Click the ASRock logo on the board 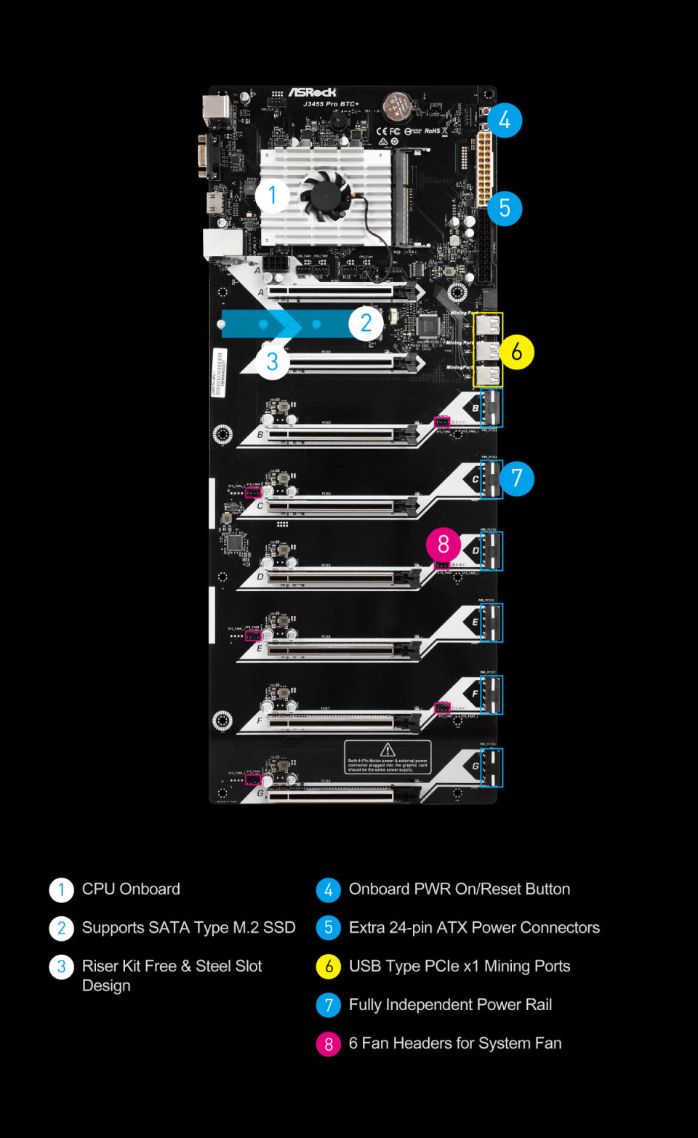pos(313,92)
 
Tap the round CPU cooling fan pos(326,193)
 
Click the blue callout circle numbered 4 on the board pos(505,120)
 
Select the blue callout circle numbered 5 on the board pos(505,208)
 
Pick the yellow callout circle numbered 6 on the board pos(517,352)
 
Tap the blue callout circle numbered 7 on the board pos(517,478)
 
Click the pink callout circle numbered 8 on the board pos(444,545)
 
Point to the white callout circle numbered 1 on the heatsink pos(273,195)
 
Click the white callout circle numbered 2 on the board pos(366,323)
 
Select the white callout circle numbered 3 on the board pos(273,361)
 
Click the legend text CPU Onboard pos(131,889)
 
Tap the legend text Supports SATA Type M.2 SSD pos(188,928)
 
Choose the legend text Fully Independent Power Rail pos(450,1005)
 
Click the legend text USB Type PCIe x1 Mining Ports pos(460,966)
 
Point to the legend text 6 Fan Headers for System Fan pos(455,1043)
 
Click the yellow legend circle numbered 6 pos(329,966)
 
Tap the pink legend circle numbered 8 pos(329,1044)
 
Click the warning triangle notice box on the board pos(388,757)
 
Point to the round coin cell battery pos(397,107)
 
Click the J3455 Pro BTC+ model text pos(331,104)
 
